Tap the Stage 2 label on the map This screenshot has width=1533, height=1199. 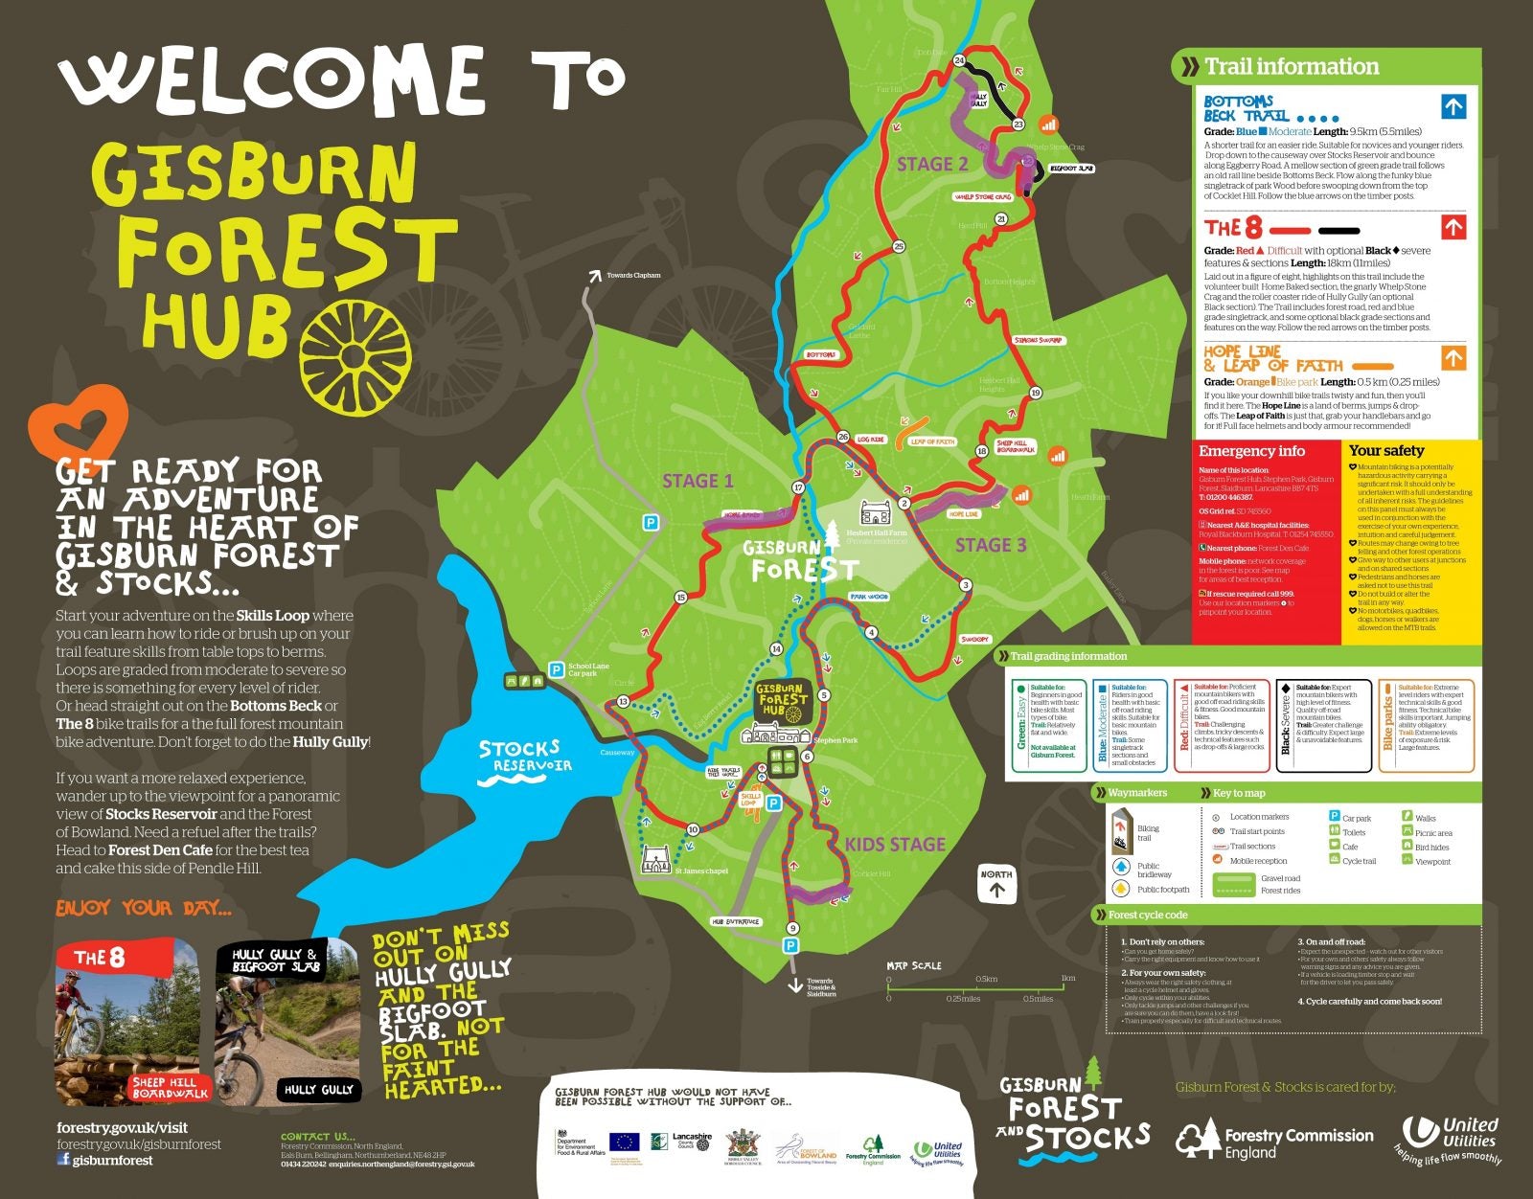click(x=932, y=164)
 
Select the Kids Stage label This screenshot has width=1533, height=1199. click(x=895, y=845)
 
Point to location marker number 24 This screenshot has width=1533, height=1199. click(x=959, y=61)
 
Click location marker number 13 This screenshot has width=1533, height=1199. click(x=623, y=702)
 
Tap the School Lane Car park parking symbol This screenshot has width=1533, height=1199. click(x=555, y=669)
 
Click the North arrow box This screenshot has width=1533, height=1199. click(x=996, y=884)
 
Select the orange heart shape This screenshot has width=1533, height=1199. click(x=79, y=421)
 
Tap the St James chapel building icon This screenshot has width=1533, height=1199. click(x=656, y=859)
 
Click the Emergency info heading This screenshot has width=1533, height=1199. click(x=1251, y=451)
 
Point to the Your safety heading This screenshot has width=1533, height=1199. click(x=1386, y=450)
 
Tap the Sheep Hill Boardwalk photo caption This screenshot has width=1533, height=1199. click(x=169, y=1088)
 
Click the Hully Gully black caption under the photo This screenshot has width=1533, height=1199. click(x=318, y=1090)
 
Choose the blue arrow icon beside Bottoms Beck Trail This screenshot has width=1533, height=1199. click(x=1453, y=106)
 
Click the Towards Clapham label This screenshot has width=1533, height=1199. click(x=632, y=276)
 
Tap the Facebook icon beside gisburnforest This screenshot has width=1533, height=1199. click(x=63, y=1160)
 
